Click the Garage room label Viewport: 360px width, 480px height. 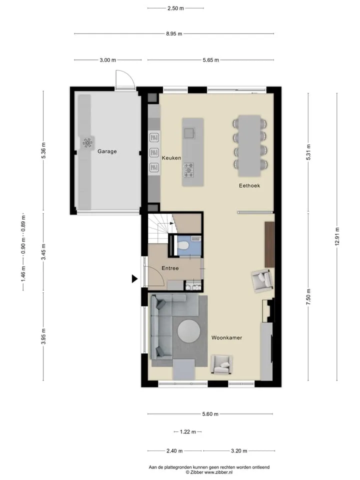[x=107, y=151]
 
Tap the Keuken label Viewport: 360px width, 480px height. [x=171, y=158]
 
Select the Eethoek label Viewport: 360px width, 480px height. [x=249, y=185]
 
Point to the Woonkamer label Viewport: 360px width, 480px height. [x=227, y=337]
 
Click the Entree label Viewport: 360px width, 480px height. [x=170, y=268]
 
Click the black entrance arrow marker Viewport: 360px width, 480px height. [x=134, y=278]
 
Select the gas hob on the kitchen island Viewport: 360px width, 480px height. [x=188, y=170]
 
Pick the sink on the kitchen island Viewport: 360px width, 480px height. [x=189, y=133]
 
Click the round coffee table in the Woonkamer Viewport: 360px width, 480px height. [x=189, y=331]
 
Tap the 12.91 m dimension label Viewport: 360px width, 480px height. [x=337, y=236]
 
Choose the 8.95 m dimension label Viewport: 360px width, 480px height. [x=174, y=33]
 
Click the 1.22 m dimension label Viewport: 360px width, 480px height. [x=187, y=432]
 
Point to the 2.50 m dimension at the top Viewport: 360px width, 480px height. [x=175, y=8]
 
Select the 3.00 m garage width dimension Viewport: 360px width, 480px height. [x=108, y=60]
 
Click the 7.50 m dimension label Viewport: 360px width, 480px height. [x=308, y=297]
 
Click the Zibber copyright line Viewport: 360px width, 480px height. [x=209, y=472]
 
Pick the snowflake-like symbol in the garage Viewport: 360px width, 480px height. [x=87, y=143]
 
